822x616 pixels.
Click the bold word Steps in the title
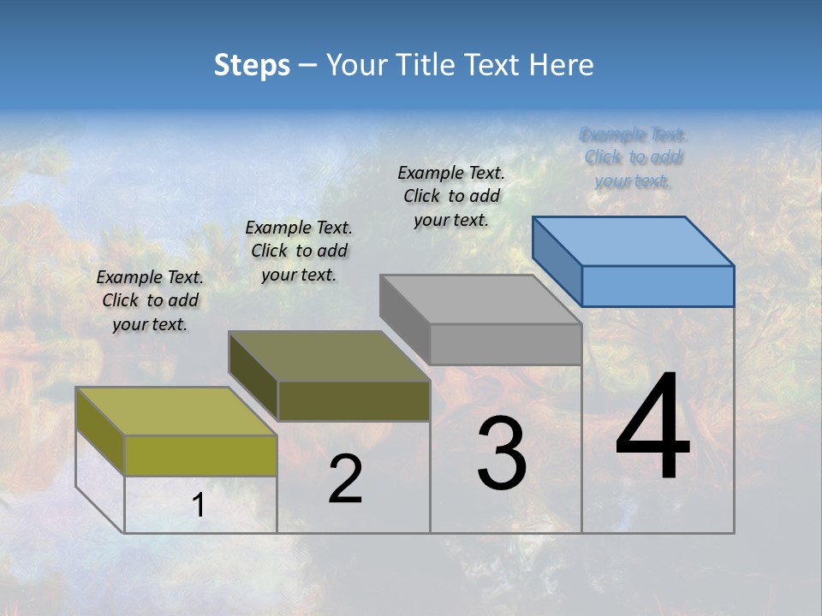252,65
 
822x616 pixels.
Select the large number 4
652,427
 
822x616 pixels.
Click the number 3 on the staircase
501,453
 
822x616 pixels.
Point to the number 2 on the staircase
345,479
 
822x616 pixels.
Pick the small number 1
199,506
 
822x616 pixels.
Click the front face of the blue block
658,286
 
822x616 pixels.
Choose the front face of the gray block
505,344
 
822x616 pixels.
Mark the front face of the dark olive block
354,400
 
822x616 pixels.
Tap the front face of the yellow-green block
200,455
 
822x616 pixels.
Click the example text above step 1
150,300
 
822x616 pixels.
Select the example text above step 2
299,251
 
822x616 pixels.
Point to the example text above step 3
451,196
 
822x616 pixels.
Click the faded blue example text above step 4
633,157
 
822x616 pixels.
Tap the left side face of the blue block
557,261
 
